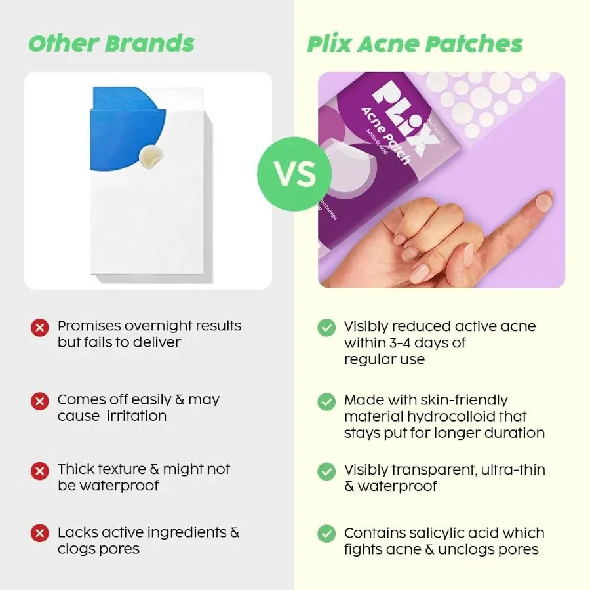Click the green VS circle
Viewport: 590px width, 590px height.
pyautogui.click(x=294, y=174)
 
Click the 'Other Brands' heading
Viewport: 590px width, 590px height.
pyautogui.click(x=111, y=43)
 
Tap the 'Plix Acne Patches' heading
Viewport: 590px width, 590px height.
pyautogui.click(x=415, y=44)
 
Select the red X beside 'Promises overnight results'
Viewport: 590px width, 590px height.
pyautogui.click(x=40, y=327)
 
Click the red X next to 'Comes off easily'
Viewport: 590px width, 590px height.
pyautogui.click(x=40, y=401)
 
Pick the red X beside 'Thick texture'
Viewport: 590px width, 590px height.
pyautogui.click(x=40, y=471)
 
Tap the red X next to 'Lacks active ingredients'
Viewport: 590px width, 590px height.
pyautogui.click(x=40, y=533)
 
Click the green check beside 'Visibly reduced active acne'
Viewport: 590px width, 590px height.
pyautogui.click(x=326, y=328)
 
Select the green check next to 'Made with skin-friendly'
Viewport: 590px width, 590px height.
pyautogui.click(x=326, y=401)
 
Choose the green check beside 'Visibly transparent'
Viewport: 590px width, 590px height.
pyautogui.click(x=326, y=471)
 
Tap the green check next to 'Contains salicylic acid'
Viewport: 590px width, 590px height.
pyautogui.click(x=326, y=534)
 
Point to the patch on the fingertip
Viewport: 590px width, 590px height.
pyautogui.click(x=543, y=201)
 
